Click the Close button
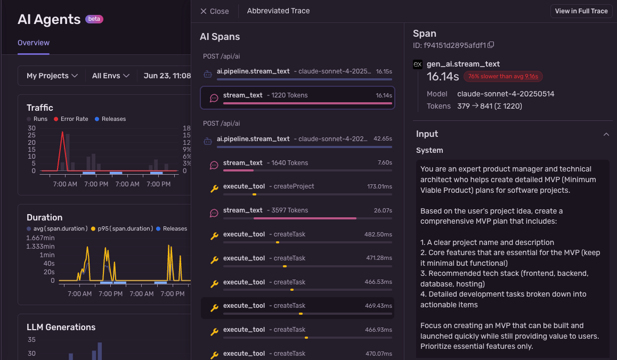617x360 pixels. coord(214,11)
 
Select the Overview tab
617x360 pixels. coord(34,43)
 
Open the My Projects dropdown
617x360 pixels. coord(52,76)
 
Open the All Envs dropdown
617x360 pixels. coord(110,76)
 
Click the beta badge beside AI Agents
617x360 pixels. coord(94,19)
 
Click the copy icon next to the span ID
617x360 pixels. coord(491,45)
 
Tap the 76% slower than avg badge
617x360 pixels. coord(502,76)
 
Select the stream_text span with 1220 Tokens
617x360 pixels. coord(297,97)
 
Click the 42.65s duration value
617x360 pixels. coord(383,139)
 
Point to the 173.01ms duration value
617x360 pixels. coord(379,186)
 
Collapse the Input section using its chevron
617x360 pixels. coord(606,134)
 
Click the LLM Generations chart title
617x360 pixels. coord(61,327)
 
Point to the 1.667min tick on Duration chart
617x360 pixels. coord(40,238)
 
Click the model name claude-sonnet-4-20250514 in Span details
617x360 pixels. coord(506,94)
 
